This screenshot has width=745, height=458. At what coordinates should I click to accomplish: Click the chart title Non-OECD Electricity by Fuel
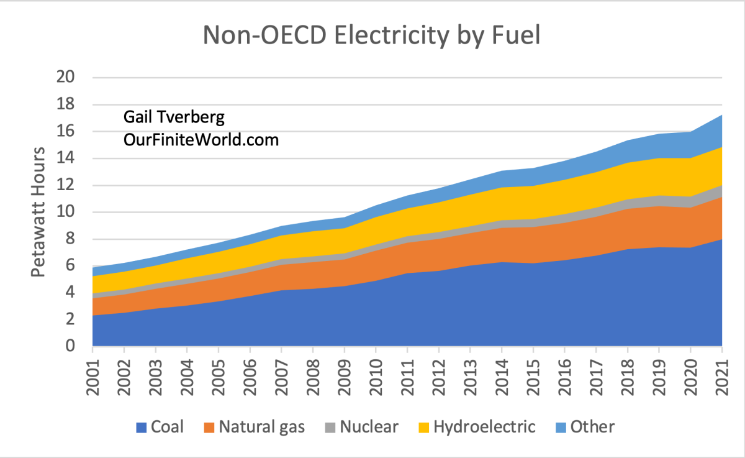click(x=372, y=35)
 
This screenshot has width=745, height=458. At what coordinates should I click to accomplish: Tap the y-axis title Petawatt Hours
click(x=38, y=211)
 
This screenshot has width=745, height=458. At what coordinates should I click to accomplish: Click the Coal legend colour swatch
click(x=140, y=427)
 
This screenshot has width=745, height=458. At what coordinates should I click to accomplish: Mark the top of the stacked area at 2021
click(x=721, y=115)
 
